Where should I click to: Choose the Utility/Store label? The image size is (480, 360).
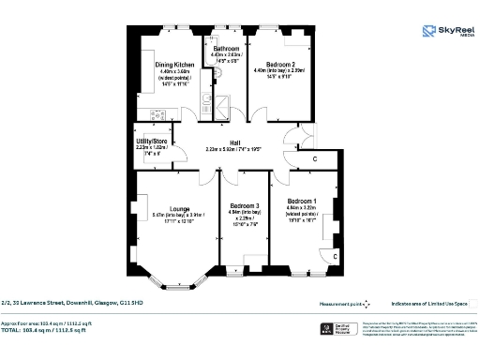click(150, 142)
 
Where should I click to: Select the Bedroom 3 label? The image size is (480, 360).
click(245, 205)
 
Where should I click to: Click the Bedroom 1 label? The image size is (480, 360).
click(301, 202)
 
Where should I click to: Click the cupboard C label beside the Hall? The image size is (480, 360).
click(315, 157)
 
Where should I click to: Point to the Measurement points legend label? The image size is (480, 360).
click(339, 304)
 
